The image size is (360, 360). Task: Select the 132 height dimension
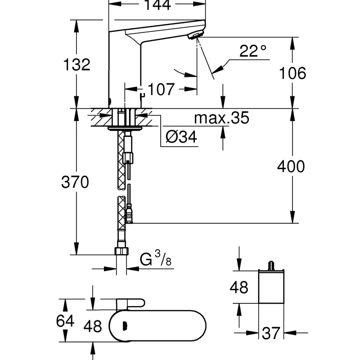(76, 65)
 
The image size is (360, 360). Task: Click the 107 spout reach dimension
(161, 89)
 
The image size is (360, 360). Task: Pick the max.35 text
(221, 118)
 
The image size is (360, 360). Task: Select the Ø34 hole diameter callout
(181, 138)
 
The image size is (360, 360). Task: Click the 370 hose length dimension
(76, 182)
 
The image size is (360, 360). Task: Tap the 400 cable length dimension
(291, 166)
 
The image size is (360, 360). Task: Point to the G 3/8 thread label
(156, 259)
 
